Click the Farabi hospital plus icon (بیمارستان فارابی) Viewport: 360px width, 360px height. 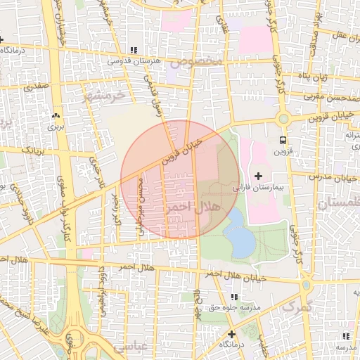pos(257,175)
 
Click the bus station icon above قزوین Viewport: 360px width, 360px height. pos(283,140)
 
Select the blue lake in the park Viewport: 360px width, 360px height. pos(239,234)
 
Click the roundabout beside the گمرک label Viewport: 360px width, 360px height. pos(306,286)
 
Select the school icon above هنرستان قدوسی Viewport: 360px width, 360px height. pos(134,50)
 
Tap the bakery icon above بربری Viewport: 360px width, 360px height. pos(56,115)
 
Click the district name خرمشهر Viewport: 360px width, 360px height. pos(104,93)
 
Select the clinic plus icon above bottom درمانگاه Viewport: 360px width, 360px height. pos(231,333)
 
